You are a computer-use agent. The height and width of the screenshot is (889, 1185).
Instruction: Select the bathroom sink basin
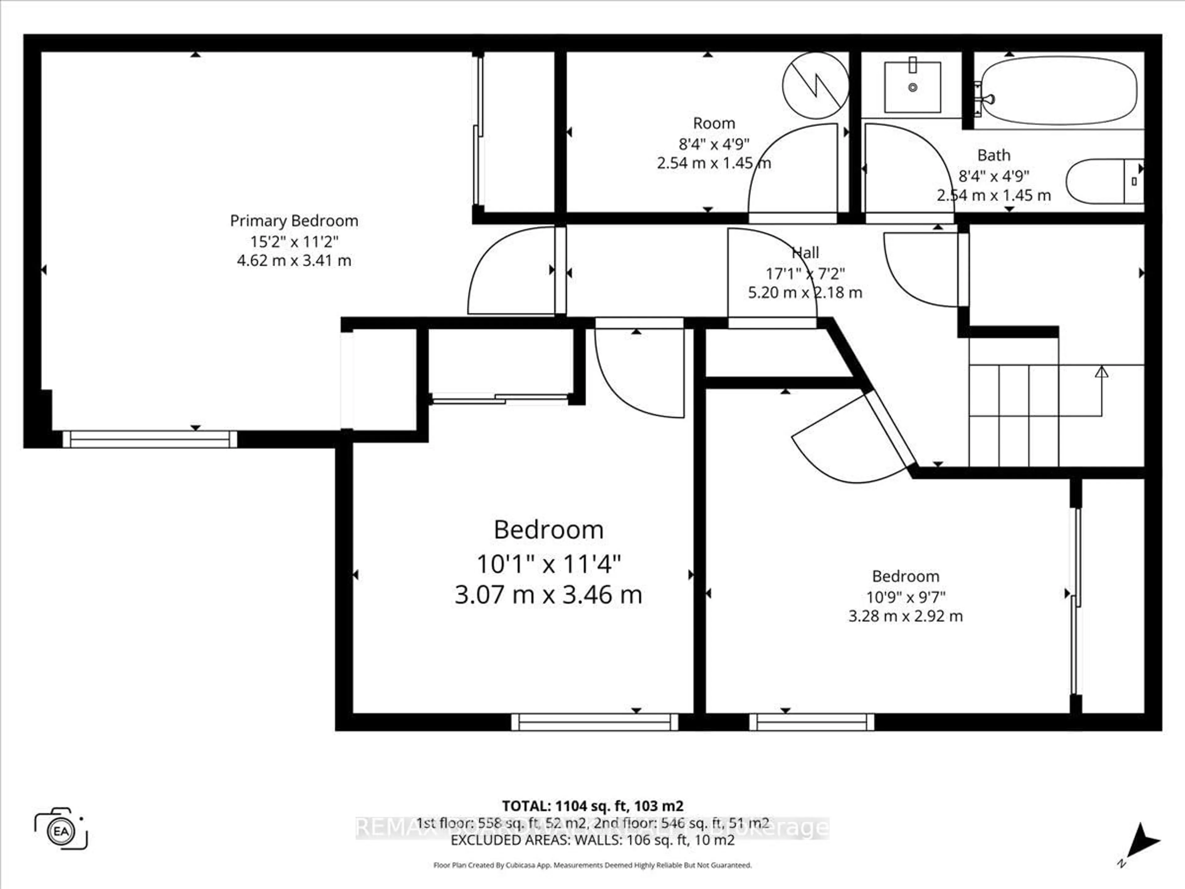[x=912, y=87]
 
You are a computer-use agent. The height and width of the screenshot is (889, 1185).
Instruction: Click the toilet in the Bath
[x=1104, y=181]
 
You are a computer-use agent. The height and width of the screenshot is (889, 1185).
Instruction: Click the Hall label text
[x=805, y=253]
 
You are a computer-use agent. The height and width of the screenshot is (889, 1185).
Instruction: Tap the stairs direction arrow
[x=1101, y=372]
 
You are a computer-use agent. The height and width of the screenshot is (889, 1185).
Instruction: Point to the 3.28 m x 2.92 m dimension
[x=905, y=616]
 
